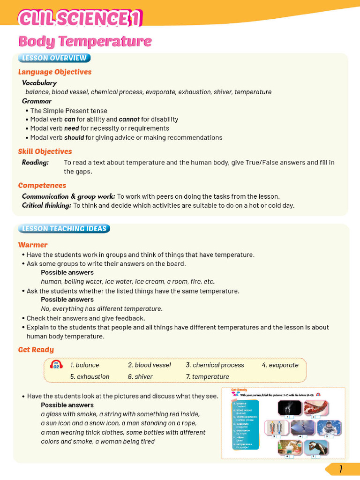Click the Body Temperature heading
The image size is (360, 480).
click(85, 41)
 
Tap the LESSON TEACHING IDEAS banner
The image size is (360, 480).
click(64, 229)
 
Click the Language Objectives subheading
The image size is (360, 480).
click(55, 72)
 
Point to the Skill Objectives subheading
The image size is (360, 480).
click(45, 151)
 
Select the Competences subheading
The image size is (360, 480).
click(42, 185)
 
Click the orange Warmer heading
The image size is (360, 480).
click(33, 245)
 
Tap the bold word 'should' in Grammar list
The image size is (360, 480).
click(74, 137)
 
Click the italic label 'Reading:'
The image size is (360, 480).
click(35, 163)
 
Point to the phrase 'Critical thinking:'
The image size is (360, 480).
click(46, 205)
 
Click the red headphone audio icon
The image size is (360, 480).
click(56, 365)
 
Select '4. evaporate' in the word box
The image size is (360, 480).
click(280, 365)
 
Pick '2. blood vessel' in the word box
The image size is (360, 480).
click(149, 365)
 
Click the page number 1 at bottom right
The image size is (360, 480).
click(341, 469)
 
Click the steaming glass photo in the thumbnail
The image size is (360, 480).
click(289, 408)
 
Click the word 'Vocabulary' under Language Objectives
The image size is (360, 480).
click(39, 83)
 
